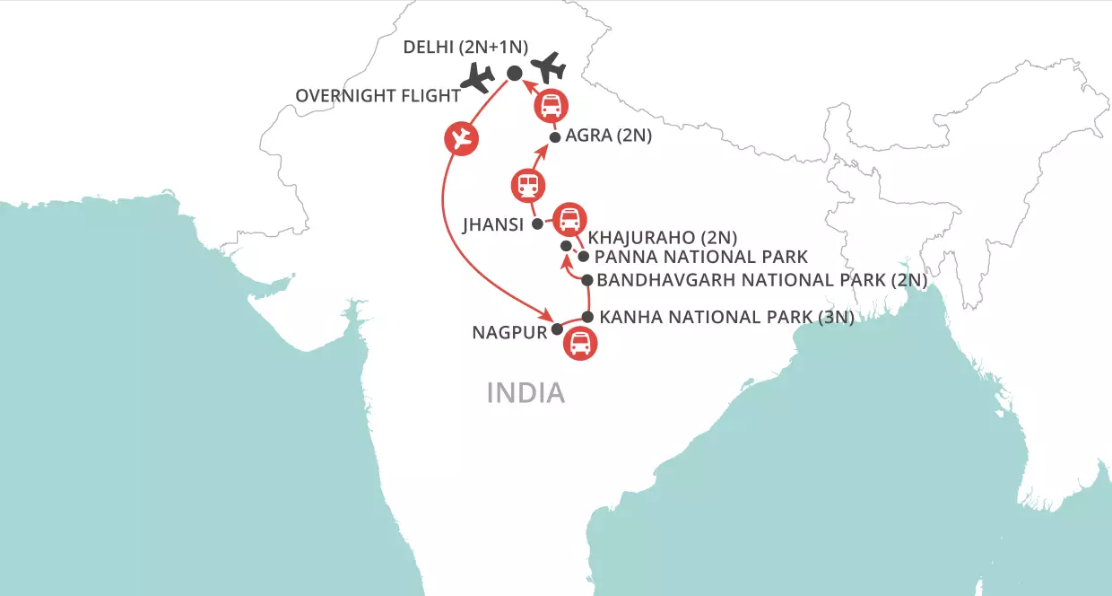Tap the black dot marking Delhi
click(x=515, y=74)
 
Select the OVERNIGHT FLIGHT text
click(x=372, y=95)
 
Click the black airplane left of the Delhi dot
click(x=476, y=79)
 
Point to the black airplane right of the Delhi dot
click(x=548, y=68)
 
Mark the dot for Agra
click(x=555, y=138)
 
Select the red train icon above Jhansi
click(x=526, y=186)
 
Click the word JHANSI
click(x=492, y=224)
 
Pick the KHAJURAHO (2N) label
click(x=662, y=238)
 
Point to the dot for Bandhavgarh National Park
click(x=587, y=280)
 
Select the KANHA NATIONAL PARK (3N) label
click(x=725, y=317)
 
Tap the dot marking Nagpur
click(x=557, y=329)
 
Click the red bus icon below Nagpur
click(x=580, y=344)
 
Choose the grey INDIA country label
click(x=526, y=393)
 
